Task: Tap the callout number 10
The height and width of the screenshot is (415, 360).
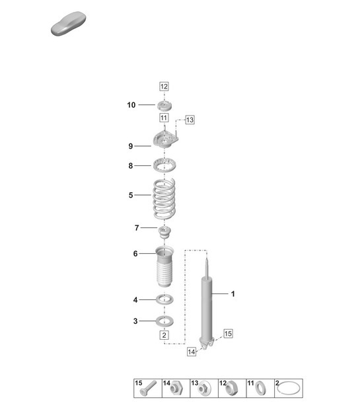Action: pos(131,104)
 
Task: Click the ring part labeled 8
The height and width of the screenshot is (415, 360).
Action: pos(164,165)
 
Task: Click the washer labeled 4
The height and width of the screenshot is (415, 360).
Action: pos(164,300)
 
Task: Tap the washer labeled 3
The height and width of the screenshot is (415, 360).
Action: pos(164,321)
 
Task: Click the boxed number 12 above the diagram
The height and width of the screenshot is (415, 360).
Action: pos(164,86)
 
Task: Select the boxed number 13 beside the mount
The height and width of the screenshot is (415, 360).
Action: pos(190,120)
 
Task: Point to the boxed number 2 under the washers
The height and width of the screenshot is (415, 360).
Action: pos(164,335)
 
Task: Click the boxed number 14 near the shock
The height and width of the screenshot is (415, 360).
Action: pos(192,352)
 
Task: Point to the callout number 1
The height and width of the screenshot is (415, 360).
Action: pos(233,293)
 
